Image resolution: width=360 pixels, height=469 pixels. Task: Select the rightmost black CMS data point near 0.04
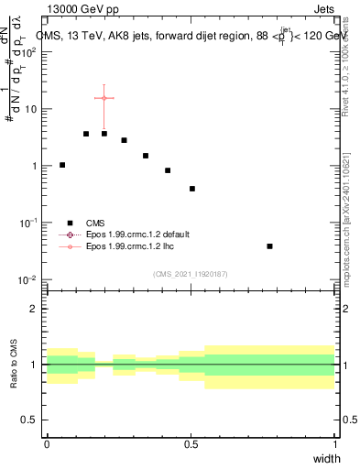[269, 246]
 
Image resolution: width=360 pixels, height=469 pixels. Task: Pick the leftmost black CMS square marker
[62, 165]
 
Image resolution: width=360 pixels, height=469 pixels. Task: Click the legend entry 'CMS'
[95, 223]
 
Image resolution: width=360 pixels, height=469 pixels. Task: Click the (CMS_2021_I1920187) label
[191, 274]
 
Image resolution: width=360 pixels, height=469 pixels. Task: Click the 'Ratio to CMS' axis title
[14, 364]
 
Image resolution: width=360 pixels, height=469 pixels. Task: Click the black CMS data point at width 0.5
[192, 189]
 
